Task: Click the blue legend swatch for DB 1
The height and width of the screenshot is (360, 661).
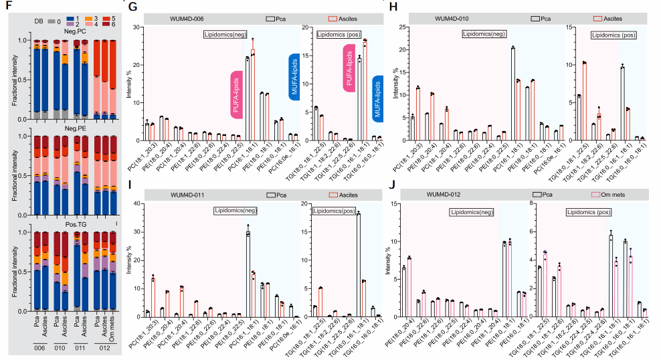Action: (x=70, y=15)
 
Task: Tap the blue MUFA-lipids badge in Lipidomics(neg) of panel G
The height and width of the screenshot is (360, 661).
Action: (x=293, y=78)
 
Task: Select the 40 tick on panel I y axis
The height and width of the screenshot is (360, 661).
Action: (x=138, y=203)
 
